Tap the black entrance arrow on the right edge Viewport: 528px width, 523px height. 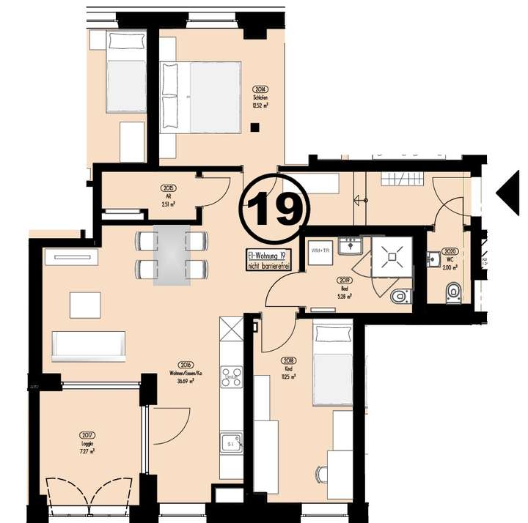(x=508, y=193)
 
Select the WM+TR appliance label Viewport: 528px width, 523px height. (x=321, y=251)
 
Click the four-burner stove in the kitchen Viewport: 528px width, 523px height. (x=232, y=376)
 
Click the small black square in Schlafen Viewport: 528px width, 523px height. (x=254, y=127)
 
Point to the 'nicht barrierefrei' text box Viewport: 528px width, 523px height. (x=268, y=260)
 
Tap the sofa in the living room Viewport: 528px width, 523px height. (x=88, y=345)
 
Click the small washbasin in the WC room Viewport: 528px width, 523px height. (x=434, y=258)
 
